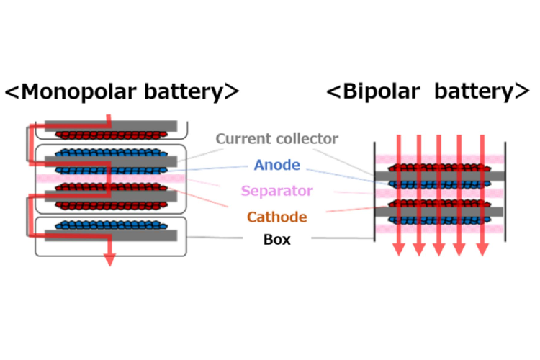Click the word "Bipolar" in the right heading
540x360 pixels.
click(x=381, y=92)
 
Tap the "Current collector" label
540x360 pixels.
click(x=276, y=139)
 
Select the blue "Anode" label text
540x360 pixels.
click(x=276, y=165)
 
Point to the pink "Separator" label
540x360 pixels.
click(x=276, y=191)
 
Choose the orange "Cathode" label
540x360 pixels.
click(x=276, y=216)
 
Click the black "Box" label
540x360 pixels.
click(x=276, y=240)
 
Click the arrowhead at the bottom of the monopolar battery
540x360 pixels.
click(x=109, y=258)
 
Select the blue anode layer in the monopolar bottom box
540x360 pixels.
click(x=108, y=224)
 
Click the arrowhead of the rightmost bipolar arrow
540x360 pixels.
click(x=482, y=250)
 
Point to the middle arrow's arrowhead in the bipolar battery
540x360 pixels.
click(x=438, y=250)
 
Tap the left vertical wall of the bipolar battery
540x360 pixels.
click(x=374, y=191)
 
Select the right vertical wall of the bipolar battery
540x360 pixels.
click(x=505, y=191)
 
